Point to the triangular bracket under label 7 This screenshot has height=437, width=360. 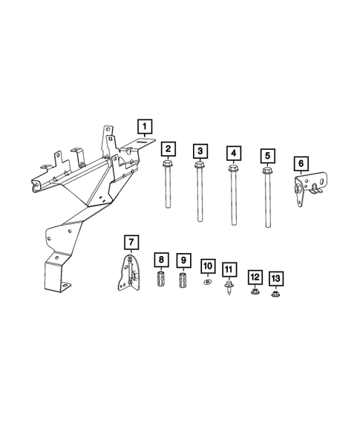point(130,276)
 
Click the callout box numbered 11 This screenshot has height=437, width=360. point(229,269)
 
